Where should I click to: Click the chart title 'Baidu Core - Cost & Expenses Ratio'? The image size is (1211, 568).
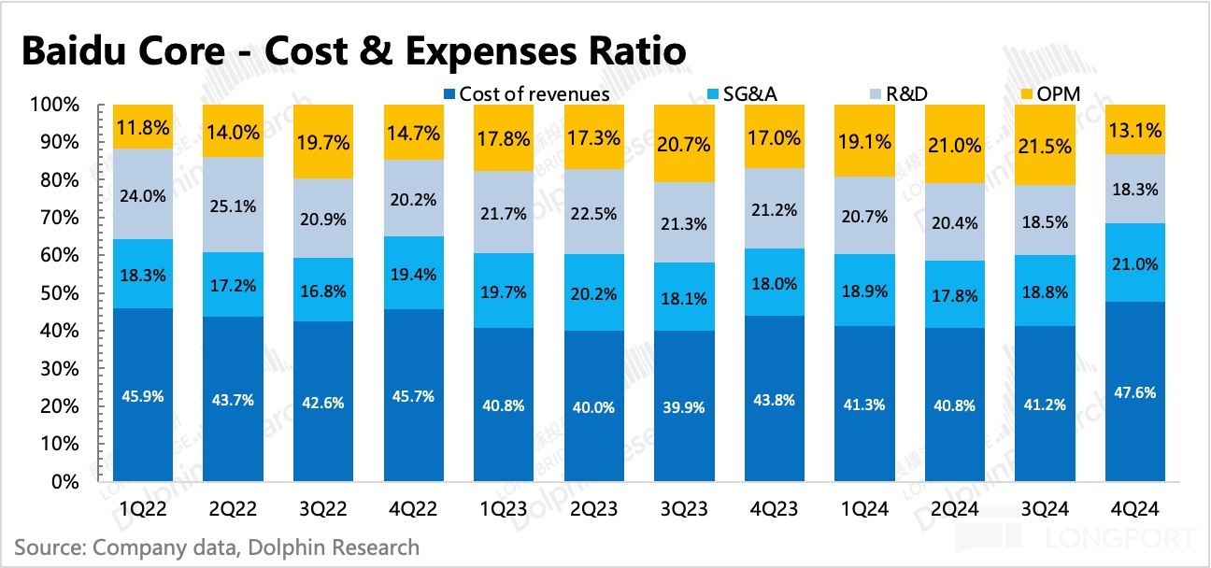[x=352, y=52]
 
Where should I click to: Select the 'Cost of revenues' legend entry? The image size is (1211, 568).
[x=527, y=93]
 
